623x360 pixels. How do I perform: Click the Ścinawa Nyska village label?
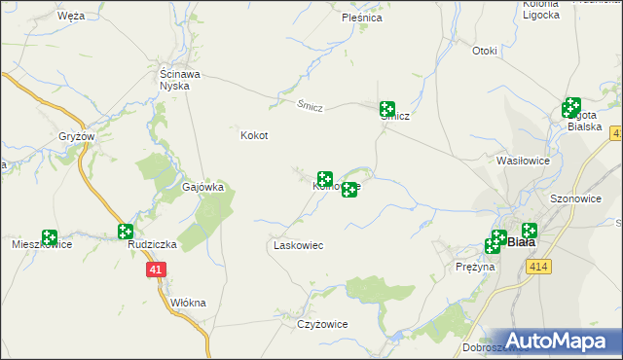click(181, 79)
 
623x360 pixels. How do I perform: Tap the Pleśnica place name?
click(362, 18)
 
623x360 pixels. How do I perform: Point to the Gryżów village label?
click(76, 136)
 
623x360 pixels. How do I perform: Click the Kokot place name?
click(254, 136)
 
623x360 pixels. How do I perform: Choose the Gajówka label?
click(203, 186)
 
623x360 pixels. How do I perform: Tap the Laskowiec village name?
click(297, 246)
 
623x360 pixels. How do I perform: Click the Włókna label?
click(188, 303)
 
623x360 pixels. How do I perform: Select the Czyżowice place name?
click(323, 324)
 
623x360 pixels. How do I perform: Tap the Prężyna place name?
click(476, 266)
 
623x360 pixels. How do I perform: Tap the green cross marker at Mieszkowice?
click(49, 236)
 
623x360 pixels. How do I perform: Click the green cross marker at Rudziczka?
click(125, 232)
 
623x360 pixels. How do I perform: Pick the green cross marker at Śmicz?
click(387, 110)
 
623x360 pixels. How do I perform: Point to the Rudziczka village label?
click(152, 245)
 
